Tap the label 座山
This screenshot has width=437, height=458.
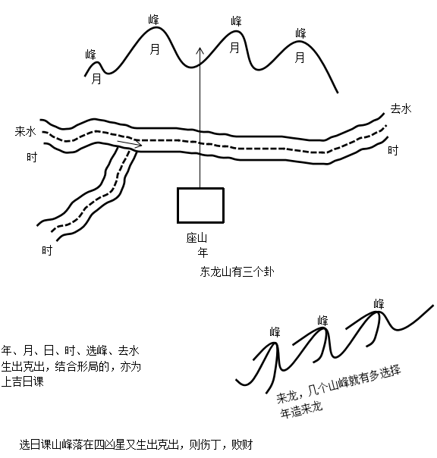click(196, 238)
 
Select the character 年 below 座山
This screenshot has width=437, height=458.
click(203, 252)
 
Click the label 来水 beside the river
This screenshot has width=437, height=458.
click(26, 131)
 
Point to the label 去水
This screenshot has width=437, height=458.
click(401, 108)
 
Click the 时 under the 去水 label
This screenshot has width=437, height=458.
click(393, 150)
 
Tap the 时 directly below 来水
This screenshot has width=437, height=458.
click(32, 157)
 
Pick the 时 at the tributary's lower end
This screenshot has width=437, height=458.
click(47, 250)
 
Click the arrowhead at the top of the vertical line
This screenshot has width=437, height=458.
click(200, 51)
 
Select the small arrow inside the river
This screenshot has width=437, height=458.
click(130, 143)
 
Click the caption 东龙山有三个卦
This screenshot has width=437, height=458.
click(237, 271)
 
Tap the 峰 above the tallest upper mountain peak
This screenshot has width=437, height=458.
click(154, 20)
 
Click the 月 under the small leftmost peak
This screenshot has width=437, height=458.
click(96, 79)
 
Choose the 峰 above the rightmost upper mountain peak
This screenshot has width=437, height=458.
click(300, 33)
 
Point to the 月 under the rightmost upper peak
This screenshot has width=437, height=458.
click(300, 58)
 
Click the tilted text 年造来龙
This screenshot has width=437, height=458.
click(302, 409)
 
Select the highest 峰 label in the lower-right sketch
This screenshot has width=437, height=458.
click(379, 304)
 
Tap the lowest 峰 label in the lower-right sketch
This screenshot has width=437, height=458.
click(275, 332)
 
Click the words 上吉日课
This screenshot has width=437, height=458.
click(23, 381)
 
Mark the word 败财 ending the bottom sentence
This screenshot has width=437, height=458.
click(242, 444)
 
